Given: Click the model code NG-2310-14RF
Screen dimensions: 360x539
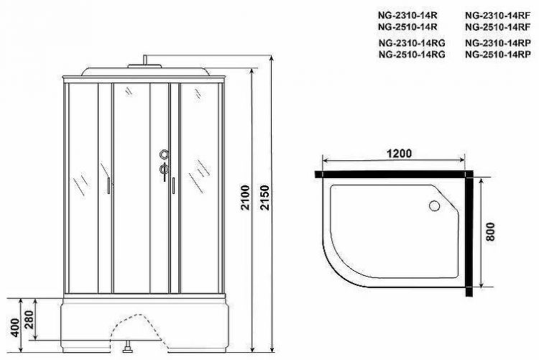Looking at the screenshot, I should click(x=493, y=15).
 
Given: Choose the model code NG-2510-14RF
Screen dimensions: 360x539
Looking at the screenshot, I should click(x=493, y=27).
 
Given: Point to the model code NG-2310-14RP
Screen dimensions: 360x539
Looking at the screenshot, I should click(x=493, y=42).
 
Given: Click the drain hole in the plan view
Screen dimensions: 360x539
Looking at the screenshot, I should click(x=435, y=207).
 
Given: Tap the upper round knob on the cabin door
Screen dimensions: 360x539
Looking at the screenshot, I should click(x=164, y=154).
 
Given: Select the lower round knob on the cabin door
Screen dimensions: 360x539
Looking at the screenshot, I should click(x=164, y=169).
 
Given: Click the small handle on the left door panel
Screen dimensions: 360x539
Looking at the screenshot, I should click(x=108, y=186).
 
